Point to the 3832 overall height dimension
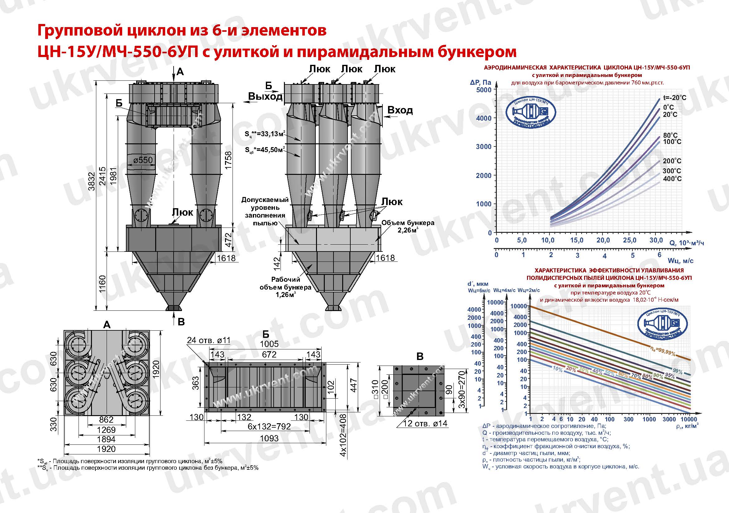click(x=92, y=181)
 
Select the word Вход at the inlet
click(x=400, y=110)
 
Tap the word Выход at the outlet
click(x=265, y=96)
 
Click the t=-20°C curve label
click(x=674, y=98)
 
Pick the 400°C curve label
click(x=672, y=179)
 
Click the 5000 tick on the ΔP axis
click(x=484, y=90)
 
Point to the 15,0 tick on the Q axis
click(x=576, y=240)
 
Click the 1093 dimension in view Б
click(x=269, y=439)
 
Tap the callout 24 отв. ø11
click(x=209, y=340)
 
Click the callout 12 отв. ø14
click(x=425, y=424)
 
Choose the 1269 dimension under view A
click(x=106, y=430)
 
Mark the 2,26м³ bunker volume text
click(x=408, y=230)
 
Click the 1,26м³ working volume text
click(x=286, y=295)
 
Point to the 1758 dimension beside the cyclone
click(x=228, y=160)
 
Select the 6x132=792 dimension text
click(x=269, y=426)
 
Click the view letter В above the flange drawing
click(x=420, y=357)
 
